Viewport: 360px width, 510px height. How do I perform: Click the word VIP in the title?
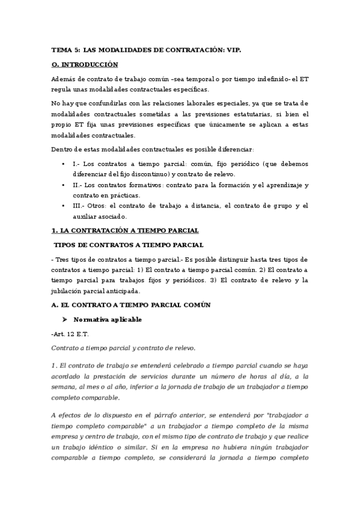[233, 52]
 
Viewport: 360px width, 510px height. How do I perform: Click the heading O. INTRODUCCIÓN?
[85, 64]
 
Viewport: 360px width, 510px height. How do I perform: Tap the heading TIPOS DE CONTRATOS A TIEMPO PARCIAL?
[129, 245]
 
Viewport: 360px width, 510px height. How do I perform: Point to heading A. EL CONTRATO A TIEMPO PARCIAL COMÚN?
[131, 305]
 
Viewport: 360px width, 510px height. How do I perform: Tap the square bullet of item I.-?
[64, 164]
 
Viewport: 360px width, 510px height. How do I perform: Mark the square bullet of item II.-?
[64, 185]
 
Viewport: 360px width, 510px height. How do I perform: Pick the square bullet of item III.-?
[64, 206]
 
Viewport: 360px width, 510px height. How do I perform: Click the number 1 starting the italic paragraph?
[53, 366]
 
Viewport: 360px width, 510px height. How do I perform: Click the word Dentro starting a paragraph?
[63, 149]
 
